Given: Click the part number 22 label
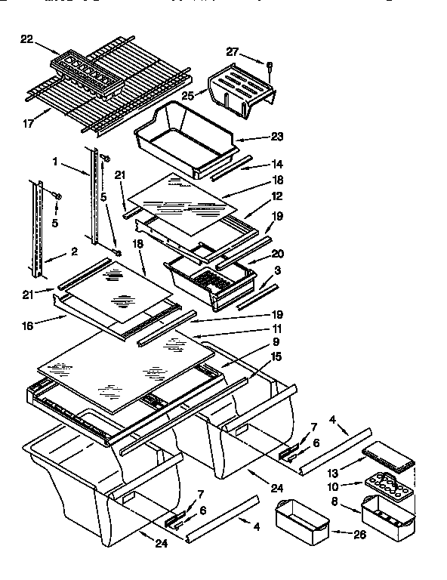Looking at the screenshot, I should tap(26, 40).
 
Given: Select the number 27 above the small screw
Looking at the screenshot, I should tap(233, 51).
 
